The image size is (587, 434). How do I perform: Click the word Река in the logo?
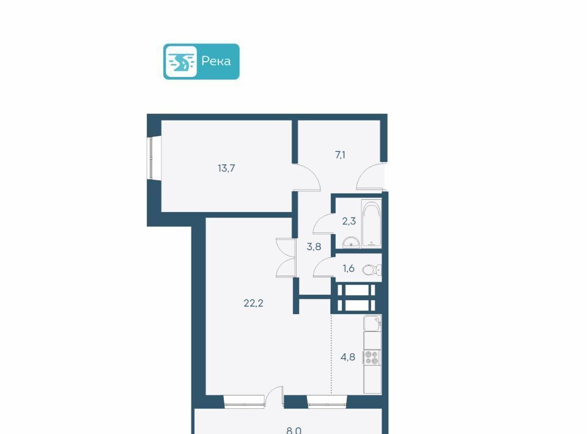pyautogui.click(x=216, y=61)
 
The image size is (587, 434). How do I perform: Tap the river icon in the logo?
pyautogui.click(x=181, y=62)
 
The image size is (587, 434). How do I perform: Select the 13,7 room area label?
pyautogui.click(x=226, y=168)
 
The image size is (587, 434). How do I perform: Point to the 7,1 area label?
pyautogui.click(x=340, y=155)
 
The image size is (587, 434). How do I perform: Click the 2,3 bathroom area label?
pyautogui.click(x=349, y=221)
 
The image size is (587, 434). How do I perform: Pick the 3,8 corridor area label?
pyautogui.click(x=314, y=246)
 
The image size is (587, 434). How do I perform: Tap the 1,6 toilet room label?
pyautogui.click(x=349, y=268)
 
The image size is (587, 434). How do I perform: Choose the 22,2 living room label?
pyautogui.click(x=253, y=303)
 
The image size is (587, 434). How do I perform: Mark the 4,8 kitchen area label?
pyautogui.click(x=348, y=357)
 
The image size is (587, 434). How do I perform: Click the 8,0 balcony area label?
pyautogui.click(x=294, y=430)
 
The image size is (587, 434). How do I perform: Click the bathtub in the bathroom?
pyautogui.click(x=371, y=223)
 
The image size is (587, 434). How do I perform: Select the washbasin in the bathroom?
pyautogui.click(x=351, y=243)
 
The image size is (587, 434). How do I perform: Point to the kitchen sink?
pyautogui.click(x=372, y=323)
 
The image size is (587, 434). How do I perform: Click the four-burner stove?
pyautogui.click(x=372, y=357)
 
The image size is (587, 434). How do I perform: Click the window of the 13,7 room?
pyautogui.click(x=151, y=158)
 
